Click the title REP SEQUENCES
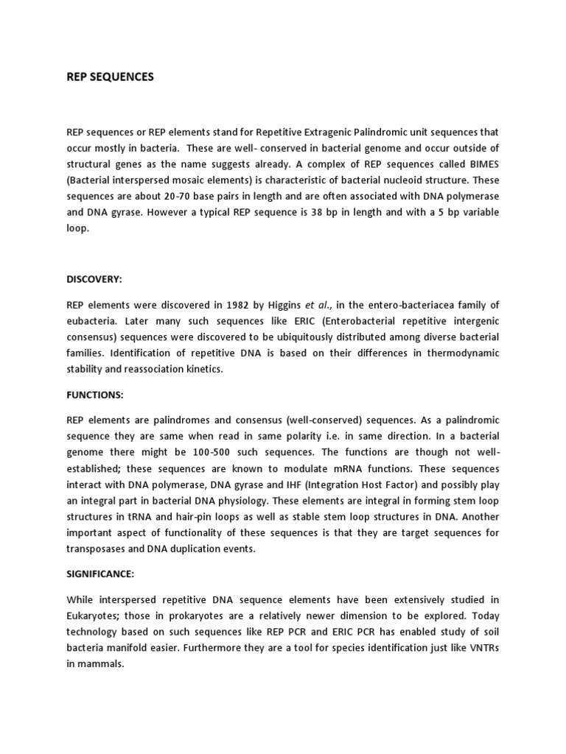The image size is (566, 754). click(x=111, y=77)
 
